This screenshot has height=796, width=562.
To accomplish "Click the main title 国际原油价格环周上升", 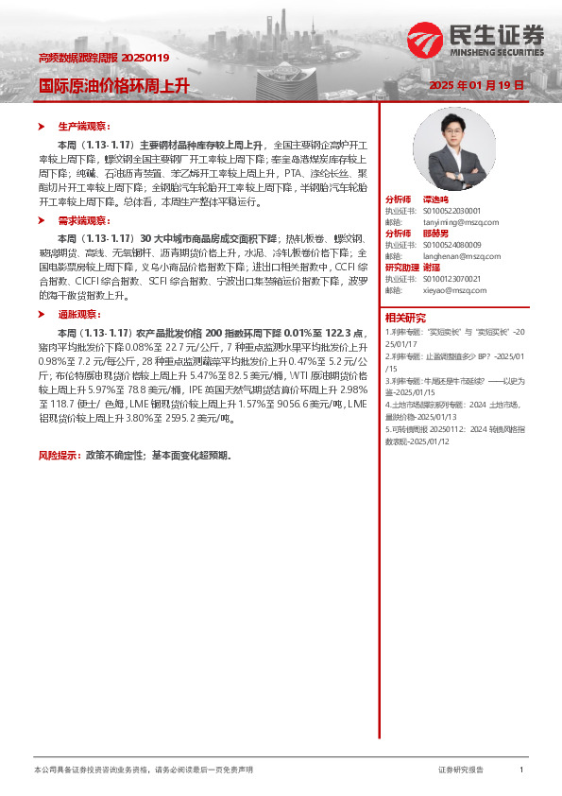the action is pyautogui.click(x=113, y=85).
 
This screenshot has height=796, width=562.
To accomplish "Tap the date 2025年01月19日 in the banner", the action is pyautogui.click(x=476, y=85).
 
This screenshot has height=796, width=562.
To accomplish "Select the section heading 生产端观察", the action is pyautogui.click(x=84, y=126).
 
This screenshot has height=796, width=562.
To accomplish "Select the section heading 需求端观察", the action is pyautogui.click(x=84, y=219).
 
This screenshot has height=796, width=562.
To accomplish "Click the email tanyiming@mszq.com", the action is pyautogui.click(x=444, y=222).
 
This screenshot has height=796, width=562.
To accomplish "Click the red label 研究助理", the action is pyautogui.click(x=402, y=268).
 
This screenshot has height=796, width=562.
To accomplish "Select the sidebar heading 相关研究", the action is pyautogui.click(x=406, y=318).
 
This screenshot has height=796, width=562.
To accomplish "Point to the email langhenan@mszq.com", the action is pyautogui.click(x=446, y=256).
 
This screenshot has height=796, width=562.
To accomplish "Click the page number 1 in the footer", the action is pyautogui.click(x=521, y=770).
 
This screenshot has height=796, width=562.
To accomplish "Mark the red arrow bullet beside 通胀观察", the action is pyautogui.click(x=41, y=313).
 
